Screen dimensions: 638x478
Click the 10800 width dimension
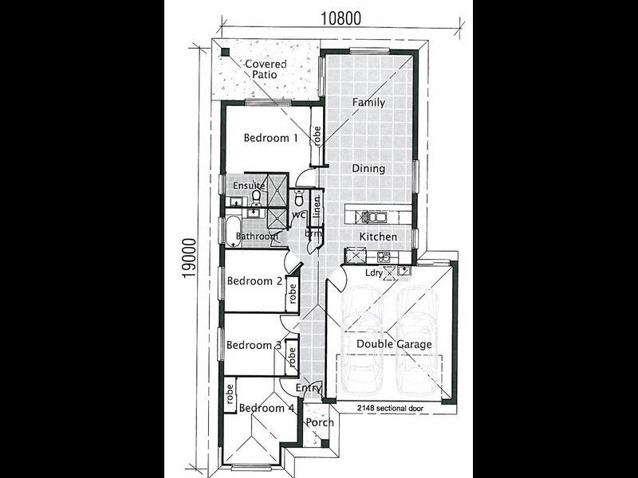pyautogui.click(x=341, y=18)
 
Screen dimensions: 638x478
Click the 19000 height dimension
pyautogui.click(x=190, y=258)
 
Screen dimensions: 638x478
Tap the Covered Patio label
pyautogui.click(x=266, y=69)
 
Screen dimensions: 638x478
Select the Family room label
pyautogui.click(x=368, y=103)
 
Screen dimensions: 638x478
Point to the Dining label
pyautogui.click(x=368, y=168)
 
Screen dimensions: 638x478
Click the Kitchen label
pyautogui.click(x=378, y=236)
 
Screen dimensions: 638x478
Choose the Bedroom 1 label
pyautogui.click(x=270, y=138)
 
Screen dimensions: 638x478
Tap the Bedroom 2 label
pyautogui.click(x=254, y=281)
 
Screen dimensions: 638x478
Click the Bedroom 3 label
pyautogui.click(x=254, y=345)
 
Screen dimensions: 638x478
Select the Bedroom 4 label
pyautogui.click(x=267, y=408)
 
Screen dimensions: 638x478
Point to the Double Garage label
pyautogui.click(x=394, y=344)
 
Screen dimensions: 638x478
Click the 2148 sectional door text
pyautogui.click(x=390, y=408)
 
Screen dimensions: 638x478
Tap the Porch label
pyautogui.click(x=320, y=423)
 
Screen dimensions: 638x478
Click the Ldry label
pyautogui.click(x=374, y=272)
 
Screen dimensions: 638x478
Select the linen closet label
pyautogui.click(x=316, y=206)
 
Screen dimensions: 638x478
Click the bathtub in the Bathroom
pyautogui.click(x=233, y=231)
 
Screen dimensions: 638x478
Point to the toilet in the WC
pyautogui.click(x=299, y=198)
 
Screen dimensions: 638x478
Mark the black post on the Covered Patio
pyautogui.click(x=225, y=52)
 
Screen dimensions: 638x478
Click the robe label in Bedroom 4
pyautogui.click(x=230, y=394)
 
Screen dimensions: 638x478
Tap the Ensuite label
pyautogui.click(x=249, y=186)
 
